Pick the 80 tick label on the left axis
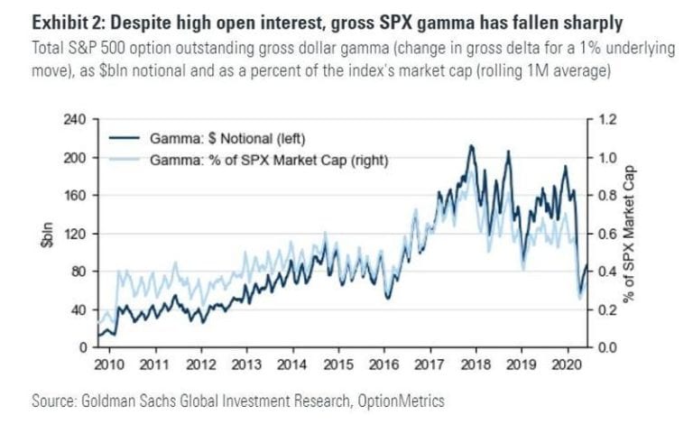(x=79, y=272)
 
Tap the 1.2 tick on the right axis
(x=605, y=119)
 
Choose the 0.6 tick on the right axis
(x=605, y=234)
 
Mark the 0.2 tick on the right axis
(x=605, y=309)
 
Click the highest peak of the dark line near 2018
(x=470, y=146)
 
